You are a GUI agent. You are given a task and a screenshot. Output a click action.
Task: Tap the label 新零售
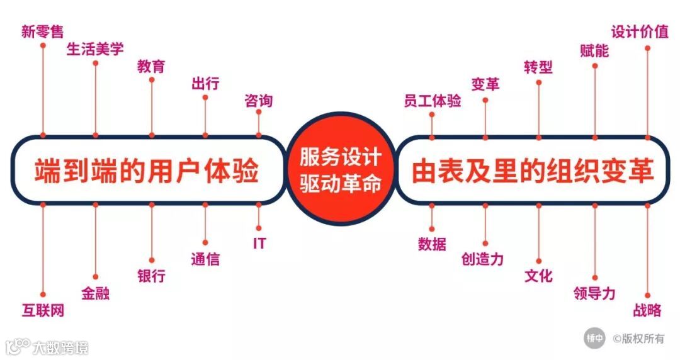42,31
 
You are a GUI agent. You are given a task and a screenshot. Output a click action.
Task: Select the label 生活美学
95,49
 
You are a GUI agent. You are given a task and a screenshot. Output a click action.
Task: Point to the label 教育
151,66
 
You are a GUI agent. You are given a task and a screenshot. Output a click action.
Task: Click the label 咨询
258,101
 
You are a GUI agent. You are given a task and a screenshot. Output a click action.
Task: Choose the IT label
259,244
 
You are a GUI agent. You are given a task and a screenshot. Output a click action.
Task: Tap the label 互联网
43,310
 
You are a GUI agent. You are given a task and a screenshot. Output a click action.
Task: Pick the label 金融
95,293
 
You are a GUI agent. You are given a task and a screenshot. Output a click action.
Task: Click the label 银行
151,276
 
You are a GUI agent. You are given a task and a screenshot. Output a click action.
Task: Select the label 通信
205,259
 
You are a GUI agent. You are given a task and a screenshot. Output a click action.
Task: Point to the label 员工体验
432,101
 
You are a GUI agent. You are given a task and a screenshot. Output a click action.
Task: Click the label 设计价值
640,31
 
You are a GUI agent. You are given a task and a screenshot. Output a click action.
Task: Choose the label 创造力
482,259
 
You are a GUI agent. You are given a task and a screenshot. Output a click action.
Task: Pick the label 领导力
594,293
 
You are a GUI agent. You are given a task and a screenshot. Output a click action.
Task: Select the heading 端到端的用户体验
147,170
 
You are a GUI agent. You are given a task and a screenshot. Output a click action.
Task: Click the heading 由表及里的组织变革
533,170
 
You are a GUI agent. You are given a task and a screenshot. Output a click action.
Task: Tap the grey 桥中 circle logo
594,337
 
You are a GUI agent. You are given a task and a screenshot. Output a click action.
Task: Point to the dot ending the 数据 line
432,228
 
